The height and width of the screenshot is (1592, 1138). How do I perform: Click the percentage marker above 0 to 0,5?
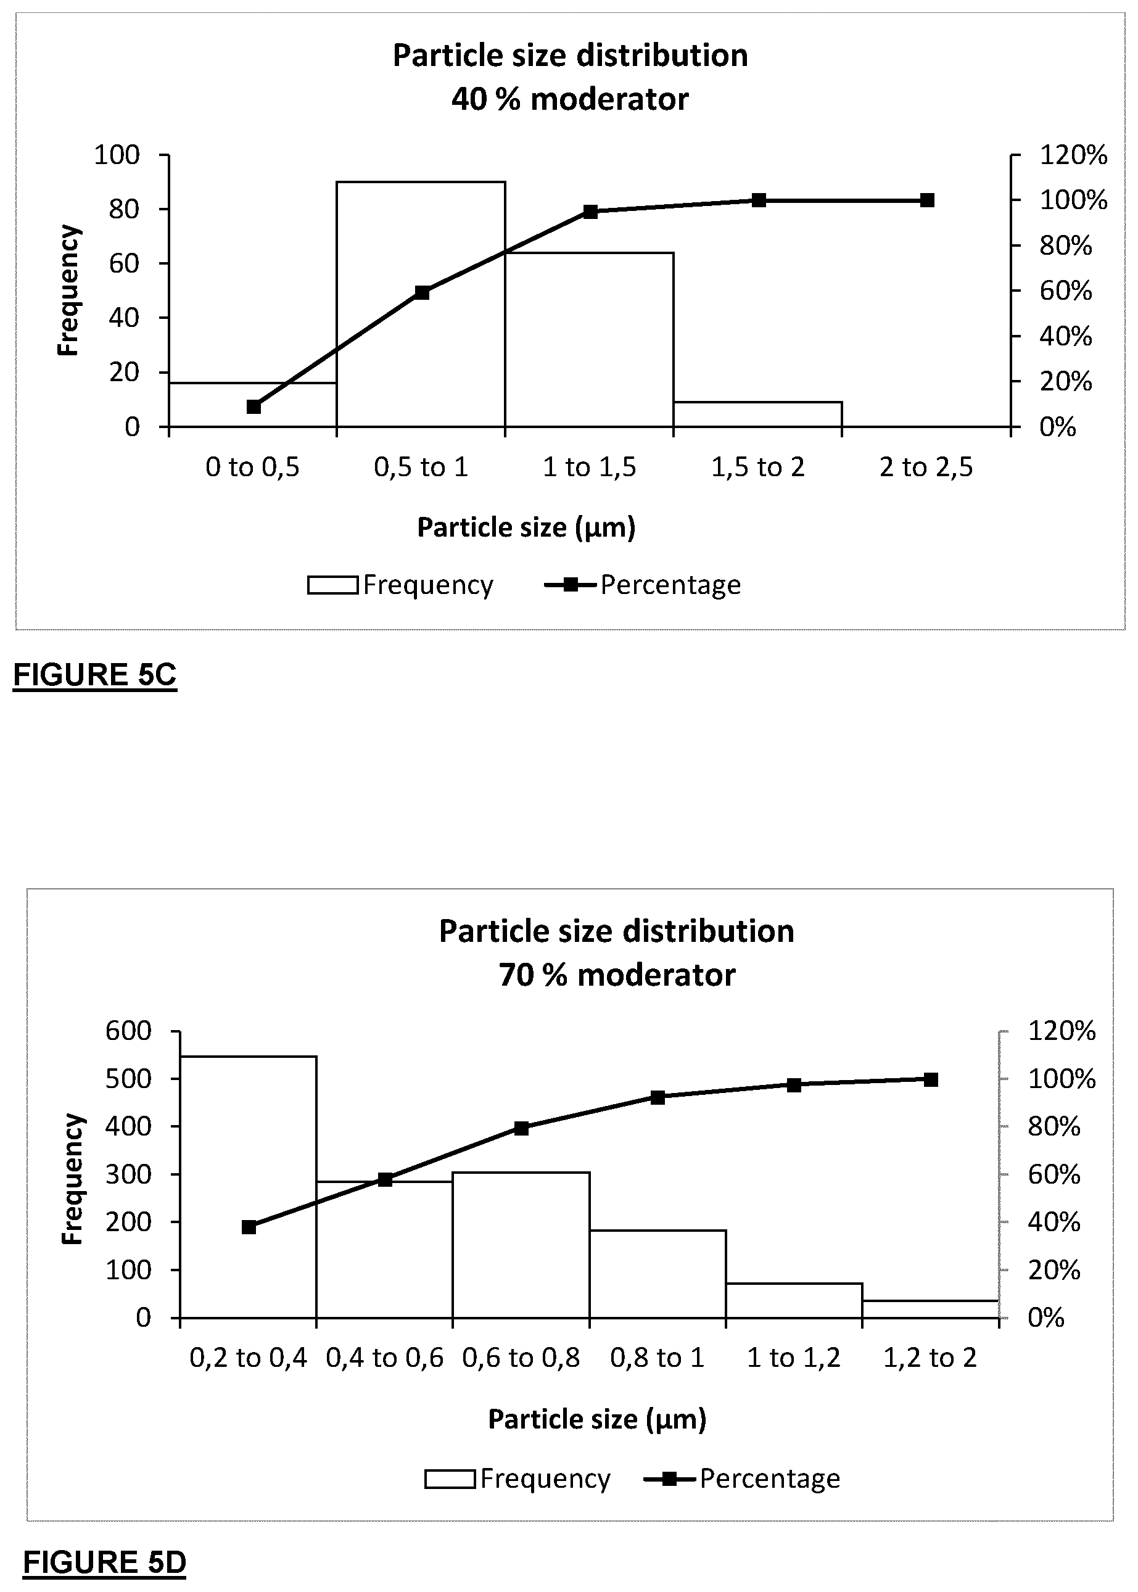(254, 407)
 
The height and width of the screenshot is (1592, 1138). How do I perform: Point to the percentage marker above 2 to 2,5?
(927, 200)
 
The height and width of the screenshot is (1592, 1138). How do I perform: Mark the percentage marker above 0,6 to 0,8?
(521, 1128)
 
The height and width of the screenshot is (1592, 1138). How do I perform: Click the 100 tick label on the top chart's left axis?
(117, 155)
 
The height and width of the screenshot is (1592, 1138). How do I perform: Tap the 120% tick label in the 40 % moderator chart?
(1073, 155)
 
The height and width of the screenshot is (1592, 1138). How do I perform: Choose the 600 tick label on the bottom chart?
(128, 1031)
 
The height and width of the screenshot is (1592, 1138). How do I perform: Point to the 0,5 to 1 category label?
(421, 468)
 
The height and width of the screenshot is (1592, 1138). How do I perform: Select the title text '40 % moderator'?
(570, 99)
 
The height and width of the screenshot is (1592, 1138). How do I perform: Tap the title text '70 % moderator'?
(617, 975)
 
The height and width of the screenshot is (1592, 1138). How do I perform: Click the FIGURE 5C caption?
(94, 675)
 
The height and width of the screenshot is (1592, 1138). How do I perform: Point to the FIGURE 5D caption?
(104, 1562)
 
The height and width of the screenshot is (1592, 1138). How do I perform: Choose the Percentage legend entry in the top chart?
(643, 584)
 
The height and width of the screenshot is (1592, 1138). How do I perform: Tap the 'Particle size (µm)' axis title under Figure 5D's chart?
(597, 1419)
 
